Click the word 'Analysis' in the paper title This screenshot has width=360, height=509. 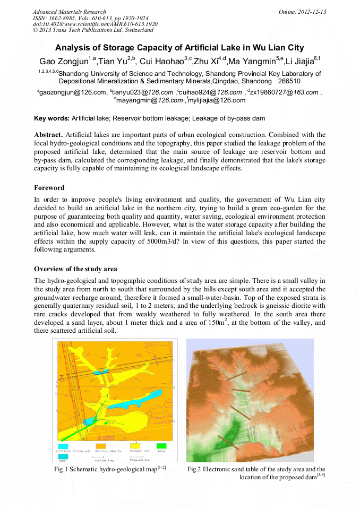(72, 48)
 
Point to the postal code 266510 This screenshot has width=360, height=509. (289, 81)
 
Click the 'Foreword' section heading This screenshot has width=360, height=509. (49, 188)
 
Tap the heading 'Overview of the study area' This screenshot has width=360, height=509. (75, 269)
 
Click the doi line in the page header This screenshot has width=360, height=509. (95, 24)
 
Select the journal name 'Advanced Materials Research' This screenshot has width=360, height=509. (69, 12)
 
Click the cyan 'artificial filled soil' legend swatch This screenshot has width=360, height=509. (63, 445)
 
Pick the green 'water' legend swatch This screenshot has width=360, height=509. (161, 445)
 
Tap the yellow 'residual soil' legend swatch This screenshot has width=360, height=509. (136, 445)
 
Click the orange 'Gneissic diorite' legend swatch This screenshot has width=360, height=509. (100, 445)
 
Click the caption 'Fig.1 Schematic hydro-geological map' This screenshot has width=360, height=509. (106, 469)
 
